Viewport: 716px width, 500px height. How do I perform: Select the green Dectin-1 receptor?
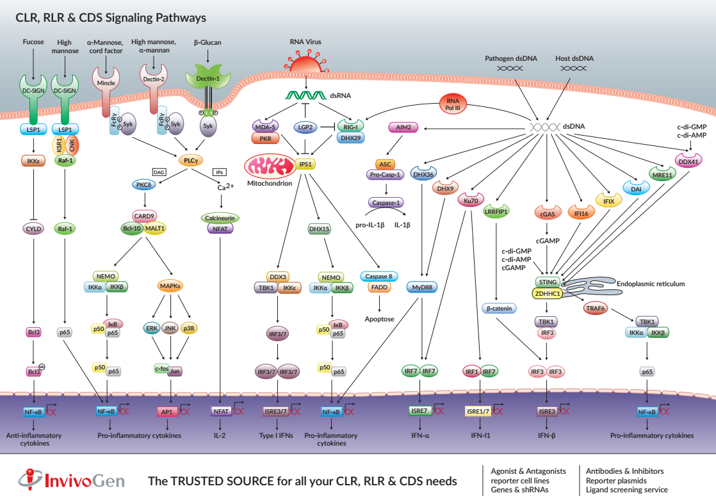tap(207, 79)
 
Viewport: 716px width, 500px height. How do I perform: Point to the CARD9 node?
tap(144, 216)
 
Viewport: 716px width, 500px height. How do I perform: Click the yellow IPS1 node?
tap(305, 164)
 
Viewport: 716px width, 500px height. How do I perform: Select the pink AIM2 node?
tap(403, 127)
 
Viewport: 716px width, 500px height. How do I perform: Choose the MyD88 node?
tap(422, 287)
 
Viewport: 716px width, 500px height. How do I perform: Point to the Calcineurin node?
tap(220, 218)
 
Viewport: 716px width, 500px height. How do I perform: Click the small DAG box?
tap(159, 172)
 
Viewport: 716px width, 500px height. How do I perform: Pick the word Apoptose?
tap(380, 318)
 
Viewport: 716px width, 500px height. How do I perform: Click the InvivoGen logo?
tap(70, 479)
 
